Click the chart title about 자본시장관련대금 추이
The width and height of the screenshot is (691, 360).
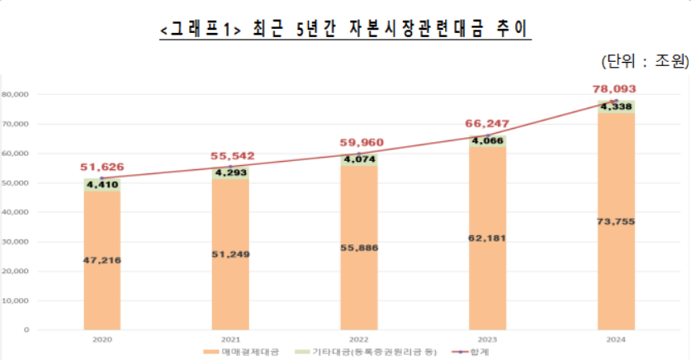[345, 31]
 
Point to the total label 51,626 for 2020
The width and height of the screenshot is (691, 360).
[102, 168]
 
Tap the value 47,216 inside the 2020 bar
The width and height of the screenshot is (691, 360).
[102, 260]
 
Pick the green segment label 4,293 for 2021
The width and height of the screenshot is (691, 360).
[230, 173]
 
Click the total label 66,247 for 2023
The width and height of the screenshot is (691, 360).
[487, 124]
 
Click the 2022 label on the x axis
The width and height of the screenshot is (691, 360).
[358, 339]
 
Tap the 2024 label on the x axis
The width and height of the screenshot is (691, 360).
[615, 339]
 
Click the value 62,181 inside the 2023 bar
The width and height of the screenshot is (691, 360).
[487, 238]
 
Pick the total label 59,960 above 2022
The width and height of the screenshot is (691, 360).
[358, 143]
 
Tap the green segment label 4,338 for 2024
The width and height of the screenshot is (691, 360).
[616, 107]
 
